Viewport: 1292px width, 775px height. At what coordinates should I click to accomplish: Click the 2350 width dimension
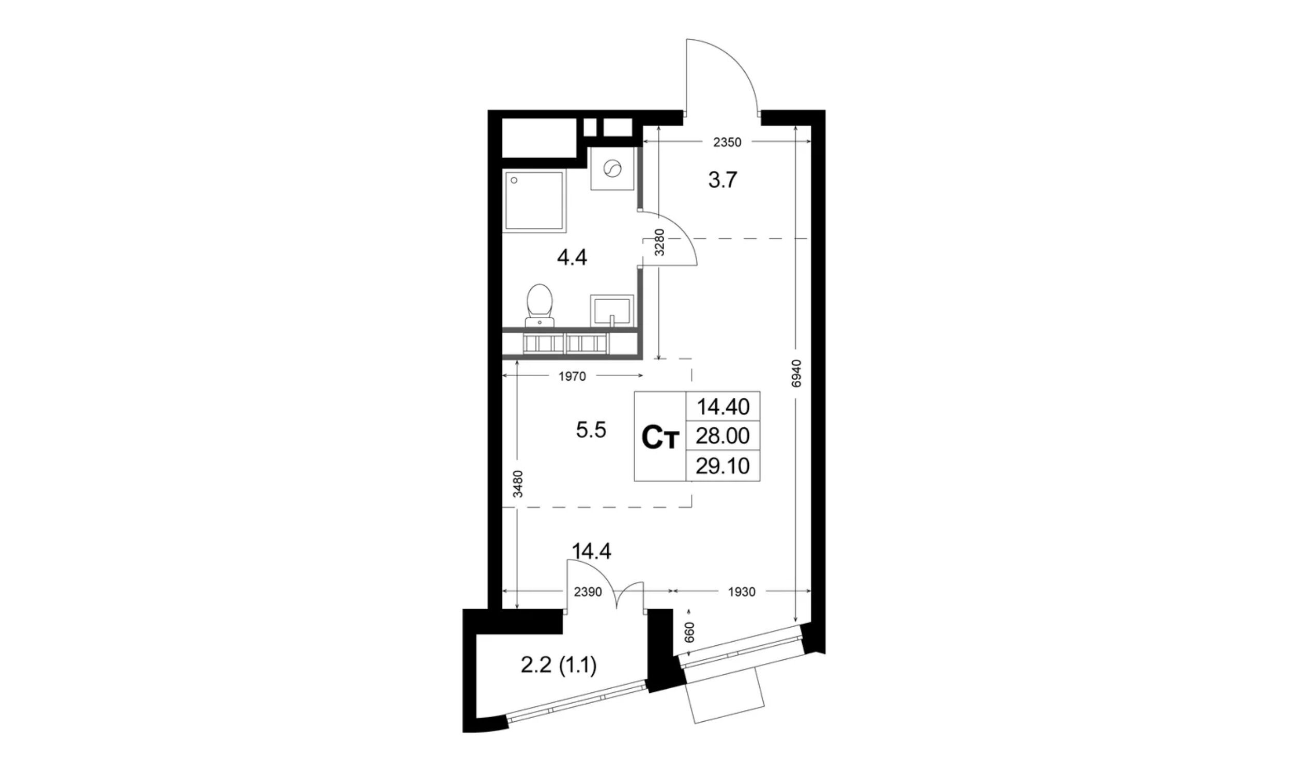point(727,142)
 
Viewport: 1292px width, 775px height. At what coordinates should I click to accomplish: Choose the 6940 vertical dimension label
point(795,374)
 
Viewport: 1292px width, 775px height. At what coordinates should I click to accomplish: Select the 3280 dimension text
point(659,242)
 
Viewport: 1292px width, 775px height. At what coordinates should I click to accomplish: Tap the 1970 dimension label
point(573,376)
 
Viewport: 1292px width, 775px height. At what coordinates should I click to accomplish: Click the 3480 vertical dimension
point(517,484)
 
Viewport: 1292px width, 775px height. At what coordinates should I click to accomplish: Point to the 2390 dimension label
point(588,592)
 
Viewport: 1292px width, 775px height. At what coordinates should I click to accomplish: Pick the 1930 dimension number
point(742,592)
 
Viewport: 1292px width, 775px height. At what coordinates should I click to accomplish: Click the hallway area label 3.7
point(722,180)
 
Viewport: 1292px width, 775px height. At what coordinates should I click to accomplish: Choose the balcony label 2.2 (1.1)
point(559,666)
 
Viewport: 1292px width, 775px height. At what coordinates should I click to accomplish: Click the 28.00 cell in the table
point(723,435)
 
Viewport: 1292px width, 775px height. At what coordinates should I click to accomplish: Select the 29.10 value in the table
point(723,466)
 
